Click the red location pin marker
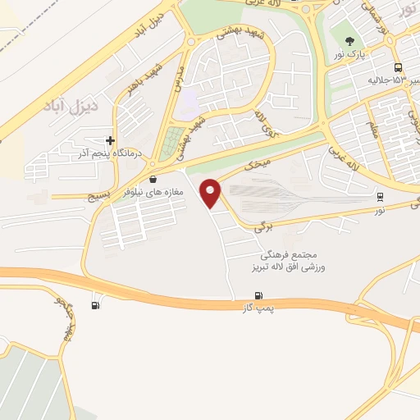coord(212,192)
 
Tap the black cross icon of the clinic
coord(111,140)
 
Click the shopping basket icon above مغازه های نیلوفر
coord(153,178)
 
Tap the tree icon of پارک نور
coord(350,39)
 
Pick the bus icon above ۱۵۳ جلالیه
coord(397,67)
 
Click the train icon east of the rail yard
coord(380,197)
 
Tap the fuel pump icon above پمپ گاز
coord(260,295)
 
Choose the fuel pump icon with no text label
coord(97,306)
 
